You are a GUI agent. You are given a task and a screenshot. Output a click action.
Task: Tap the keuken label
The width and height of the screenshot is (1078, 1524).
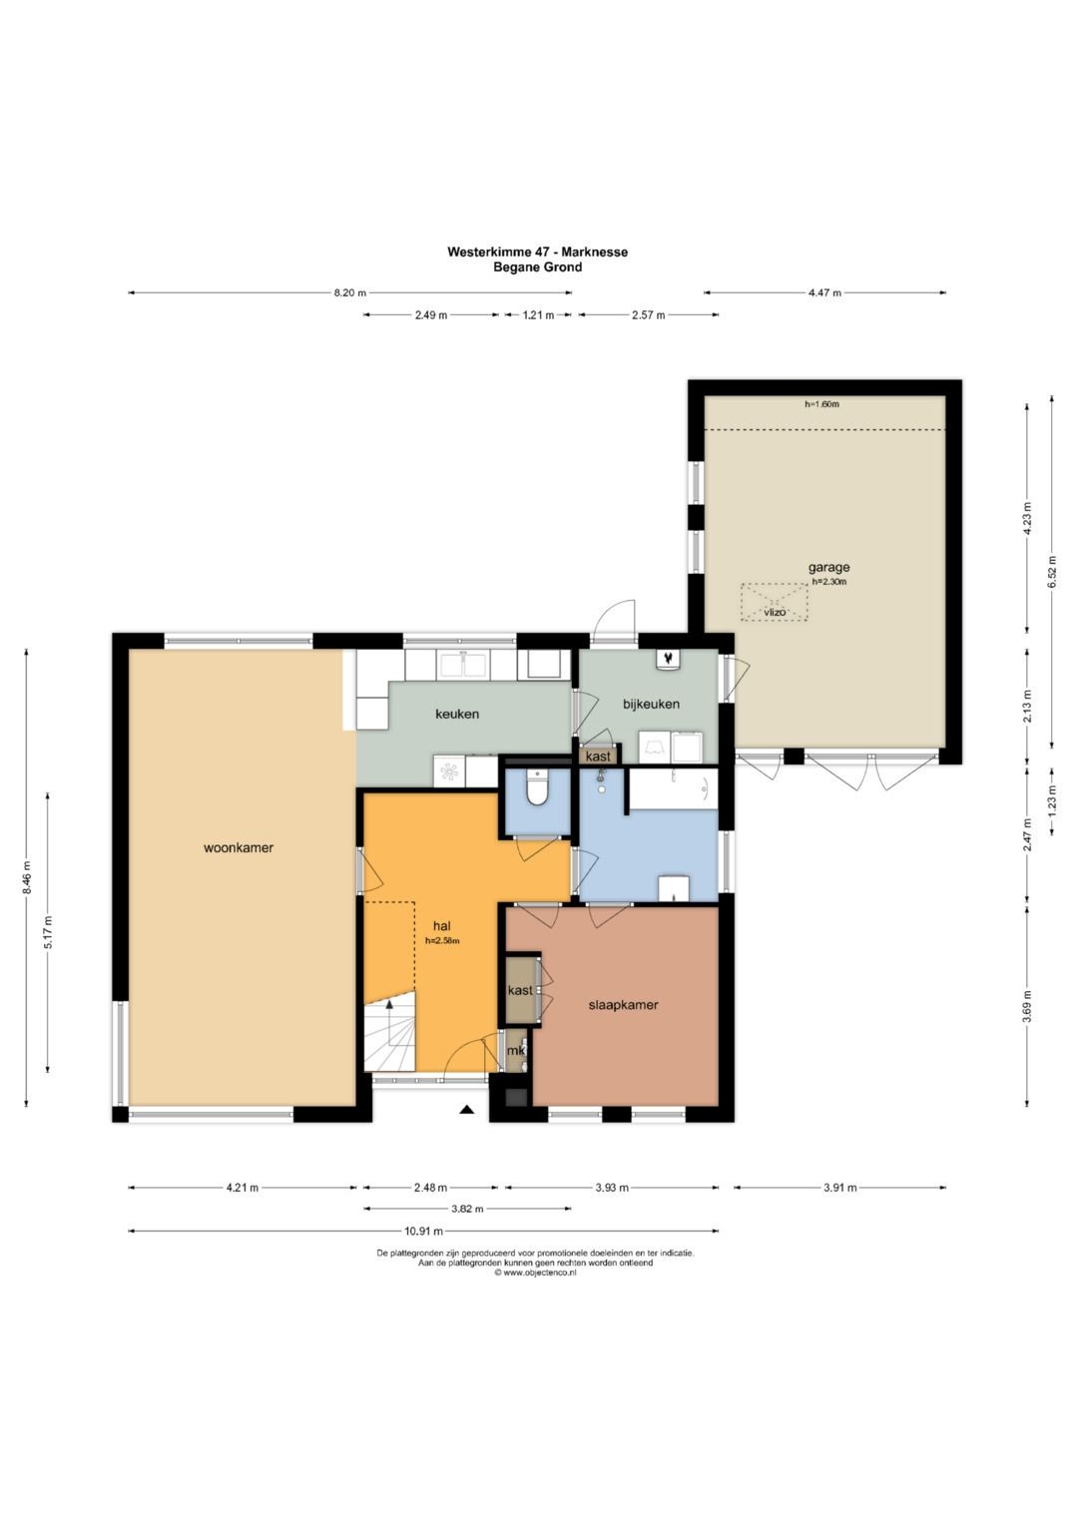point(457,714)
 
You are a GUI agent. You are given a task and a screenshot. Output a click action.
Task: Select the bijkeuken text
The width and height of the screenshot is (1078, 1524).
point(651,705)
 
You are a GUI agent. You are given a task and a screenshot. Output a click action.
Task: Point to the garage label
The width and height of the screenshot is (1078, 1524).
point(828,568)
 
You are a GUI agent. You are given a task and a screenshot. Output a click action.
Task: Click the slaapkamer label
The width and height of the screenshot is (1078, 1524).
point(624,1005)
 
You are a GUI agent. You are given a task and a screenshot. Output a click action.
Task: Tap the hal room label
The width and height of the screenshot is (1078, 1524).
point(442,926)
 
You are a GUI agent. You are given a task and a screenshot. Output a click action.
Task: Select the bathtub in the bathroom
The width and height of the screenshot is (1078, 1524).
point(673,789)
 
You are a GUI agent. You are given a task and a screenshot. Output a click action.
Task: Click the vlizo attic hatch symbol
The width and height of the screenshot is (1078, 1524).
point(774,602)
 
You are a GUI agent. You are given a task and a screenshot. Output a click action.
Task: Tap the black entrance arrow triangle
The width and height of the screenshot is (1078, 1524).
point(466,1110)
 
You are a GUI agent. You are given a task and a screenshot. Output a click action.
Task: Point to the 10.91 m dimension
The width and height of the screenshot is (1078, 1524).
point(424,1231)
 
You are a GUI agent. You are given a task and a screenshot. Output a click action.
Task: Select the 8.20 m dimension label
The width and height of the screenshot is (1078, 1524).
point(349,293)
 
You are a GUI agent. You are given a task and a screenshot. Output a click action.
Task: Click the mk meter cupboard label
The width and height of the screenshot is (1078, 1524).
point(517,1051)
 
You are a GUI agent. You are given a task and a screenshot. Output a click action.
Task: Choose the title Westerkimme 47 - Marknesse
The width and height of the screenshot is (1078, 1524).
point(538,252)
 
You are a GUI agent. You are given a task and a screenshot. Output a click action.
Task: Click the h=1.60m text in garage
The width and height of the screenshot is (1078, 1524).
point(821,404)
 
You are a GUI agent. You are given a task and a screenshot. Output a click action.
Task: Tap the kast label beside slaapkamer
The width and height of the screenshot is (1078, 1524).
point(520,990)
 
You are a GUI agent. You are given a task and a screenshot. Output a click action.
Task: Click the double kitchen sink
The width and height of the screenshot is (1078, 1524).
point(463,665)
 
